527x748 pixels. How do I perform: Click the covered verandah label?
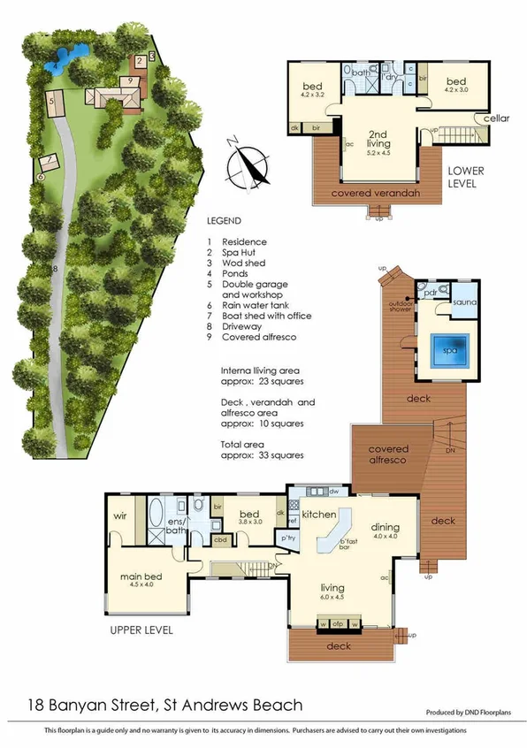pos(374,193)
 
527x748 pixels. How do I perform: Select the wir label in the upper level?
pos(121,515)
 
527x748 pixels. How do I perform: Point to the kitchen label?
pos(317,514)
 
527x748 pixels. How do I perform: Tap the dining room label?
pos(386,525)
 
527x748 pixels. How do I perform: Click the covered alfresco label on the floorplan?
pos(386,455)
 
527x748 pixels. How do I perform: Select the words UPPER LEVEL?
pos(141,630)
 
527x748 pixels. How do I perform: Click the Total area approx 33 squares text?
pos(262,450)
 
